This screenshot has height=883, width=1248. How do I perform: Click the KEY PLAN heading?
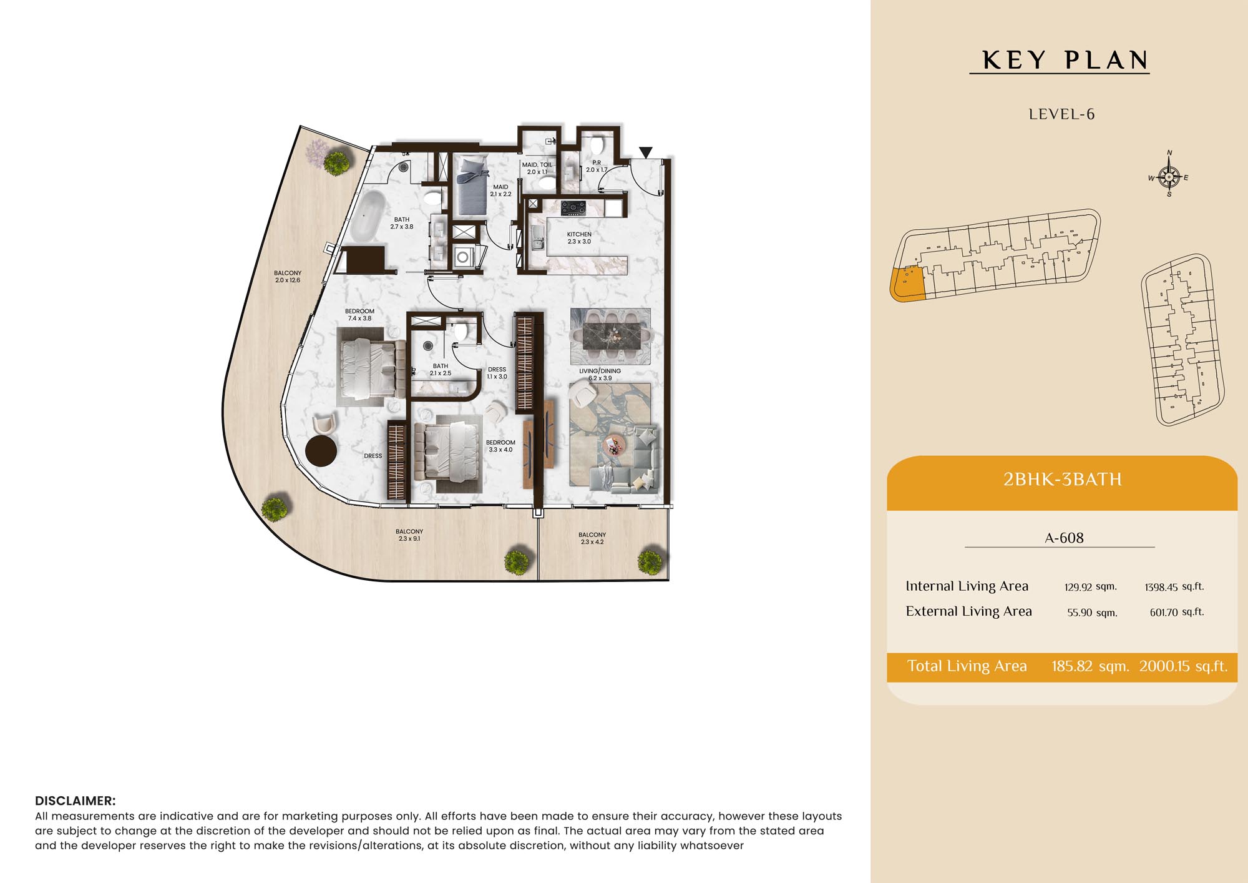(1065, 61)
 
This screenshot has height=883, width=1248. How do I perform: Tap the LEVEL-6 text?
(1061, 114)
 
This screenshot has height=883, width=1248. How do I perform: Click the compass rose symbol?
(1169, 176)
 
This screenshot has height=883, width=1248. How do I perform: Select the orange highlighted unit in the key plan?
(907, 284)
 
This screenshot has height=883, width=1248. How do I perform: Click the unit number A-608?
(1064, 538)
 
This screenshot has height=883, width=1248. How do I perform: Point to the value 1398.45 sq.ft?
(1174, 586)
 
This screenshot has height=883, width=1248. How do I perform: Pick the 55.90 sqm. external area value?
(1092, 613)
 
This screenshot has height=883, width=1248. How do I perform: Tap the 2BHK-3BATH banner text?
(1062, 479)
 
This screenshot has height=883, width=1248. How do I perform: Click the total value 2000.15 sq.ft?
(1183, 666)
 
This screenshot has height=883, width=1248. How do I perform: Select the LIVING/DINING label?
(600, 371)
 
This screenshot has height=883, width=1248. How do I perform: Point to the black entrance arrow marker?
(646, 152)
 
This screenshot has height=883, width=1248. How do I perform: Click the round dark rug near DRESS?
(321, 450)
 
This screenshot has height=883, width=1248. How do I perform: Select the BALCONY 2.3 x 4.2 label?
(592, 538)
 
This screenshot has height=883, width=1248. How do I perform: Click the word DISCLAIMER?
(75, 801)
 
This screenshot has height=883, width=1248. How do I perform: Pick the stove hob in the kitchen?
(573, 207)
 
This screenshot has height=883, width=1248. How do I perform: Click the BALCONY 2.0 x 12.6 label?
(288, 277)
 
